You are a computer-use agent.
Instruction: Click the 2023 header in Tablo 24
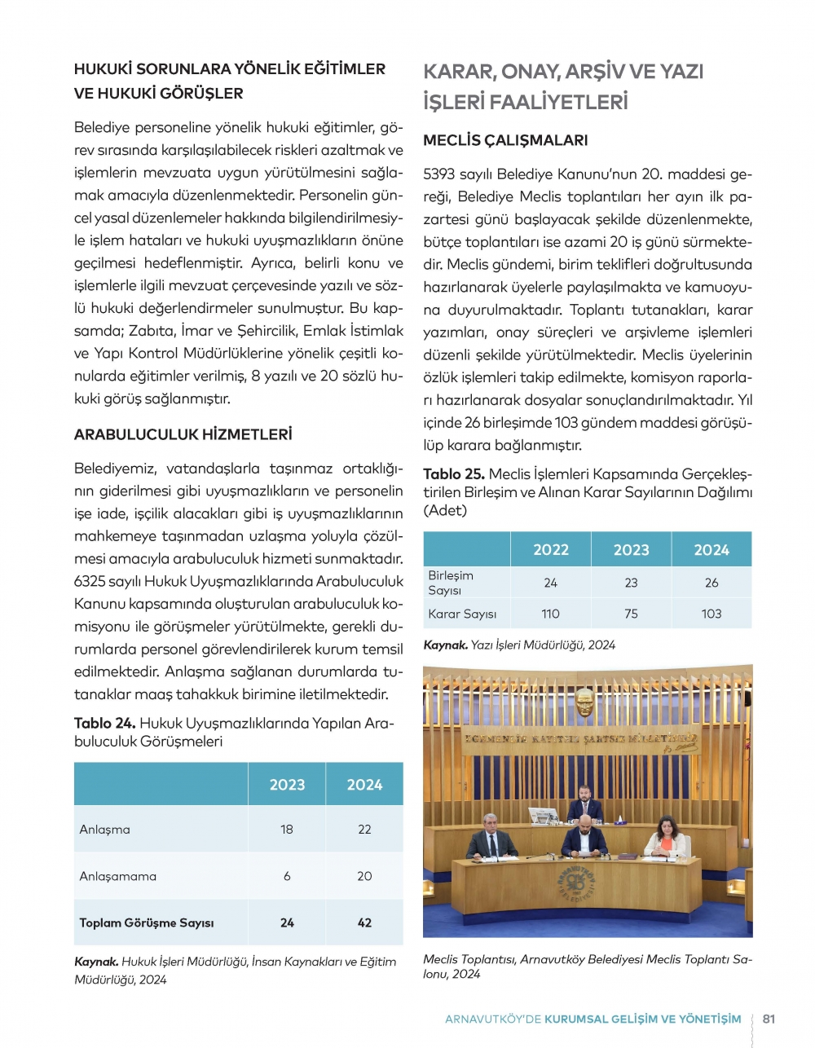287,785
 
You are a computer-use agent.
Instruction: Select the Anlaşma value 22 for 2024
364,830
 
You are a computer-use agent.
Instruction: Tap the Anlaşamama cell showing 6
287,876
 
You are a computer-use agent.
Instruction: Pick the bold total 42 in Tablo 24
364,923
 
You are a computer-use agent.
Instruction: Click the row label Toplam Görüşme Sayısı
147,923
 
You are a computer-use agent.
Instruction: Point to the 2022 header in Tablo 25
551,550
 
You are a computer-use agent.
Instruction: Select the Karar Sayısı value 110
551,614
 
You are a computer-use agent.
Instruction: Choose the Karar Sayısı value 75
631,614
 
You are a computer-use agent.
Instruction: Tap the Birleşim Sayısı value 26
711,583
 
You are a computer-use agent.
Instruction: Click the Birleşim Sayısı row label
451,583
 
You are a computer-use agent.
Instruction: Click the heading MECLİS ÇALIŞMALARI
505,140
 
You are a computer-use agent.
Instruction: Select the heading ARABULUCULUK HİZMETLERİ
183,434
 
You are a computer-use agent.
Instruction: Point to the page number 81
769,1019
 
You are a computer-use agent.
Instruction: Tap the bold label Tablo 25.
453,474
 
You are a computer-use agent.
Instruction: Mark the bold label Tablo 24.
104,724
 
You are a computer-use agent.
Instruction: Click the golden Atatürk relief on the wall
584,702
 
